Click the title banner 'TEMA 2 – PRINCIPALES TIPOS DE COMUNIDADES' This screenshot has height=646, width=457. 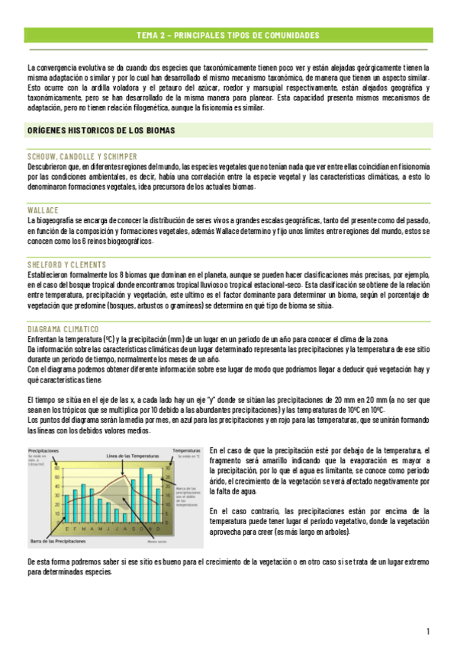[228, 35]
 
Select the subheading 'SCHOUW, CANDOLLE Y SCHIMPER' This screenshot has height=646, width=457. [82, 156]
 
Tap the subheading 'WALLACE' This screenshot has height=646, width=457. [43, 209]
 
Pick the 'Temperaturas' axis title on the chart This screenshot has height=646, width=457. [185, 451]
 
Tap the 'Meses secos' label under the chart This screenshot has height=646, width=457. [157, 542]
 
